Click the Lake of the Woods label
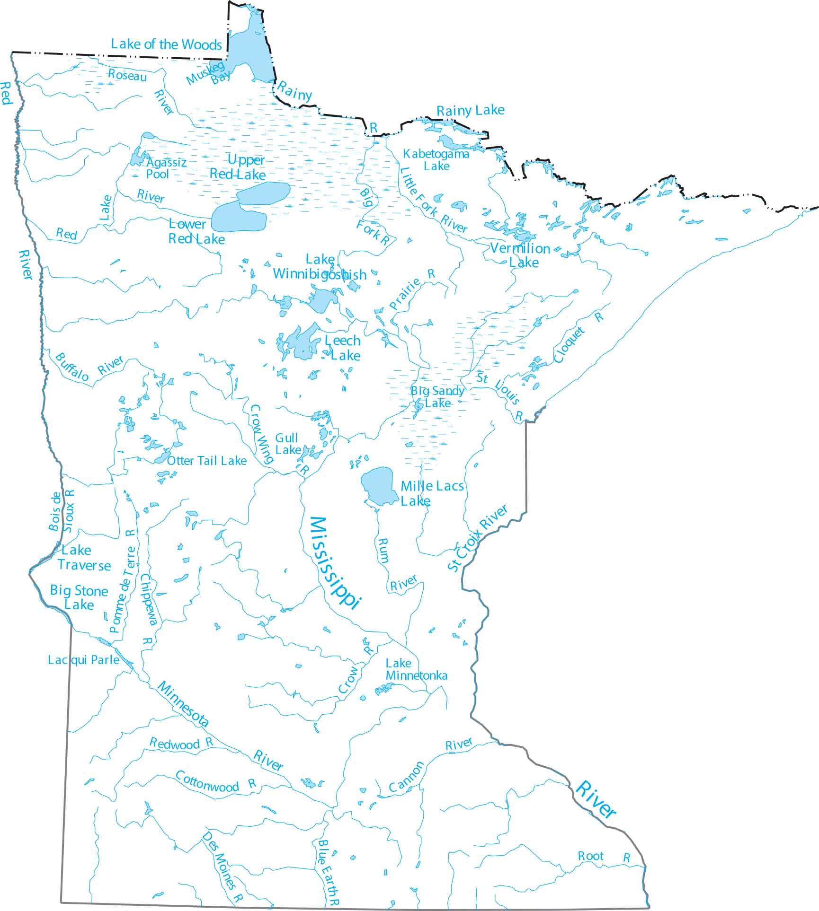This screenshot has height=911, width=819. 166,44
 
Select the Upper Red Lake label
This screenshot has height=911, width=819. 238,167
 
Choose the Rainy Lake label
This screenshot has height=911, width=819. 470,111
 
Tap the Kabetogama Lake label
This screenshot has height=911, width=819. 436,160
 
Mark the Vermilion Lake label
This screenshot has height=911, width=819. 520,255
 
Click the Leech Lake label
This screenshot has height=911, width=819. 343,348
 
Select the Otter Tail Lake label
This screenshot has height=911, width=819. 207,461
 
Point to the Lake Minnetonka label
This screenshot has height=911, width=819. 416,669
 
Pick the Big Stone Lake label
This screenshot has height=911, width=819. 79,597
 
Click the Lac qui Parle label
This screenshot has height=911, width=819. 83,660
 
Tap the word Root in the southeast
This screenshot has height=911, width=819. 590,856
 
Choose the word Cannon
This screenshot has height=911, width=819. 406,777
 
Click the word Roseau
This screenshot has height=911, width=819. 127,75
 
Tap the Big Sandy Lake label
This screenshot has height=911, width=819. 437,397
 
